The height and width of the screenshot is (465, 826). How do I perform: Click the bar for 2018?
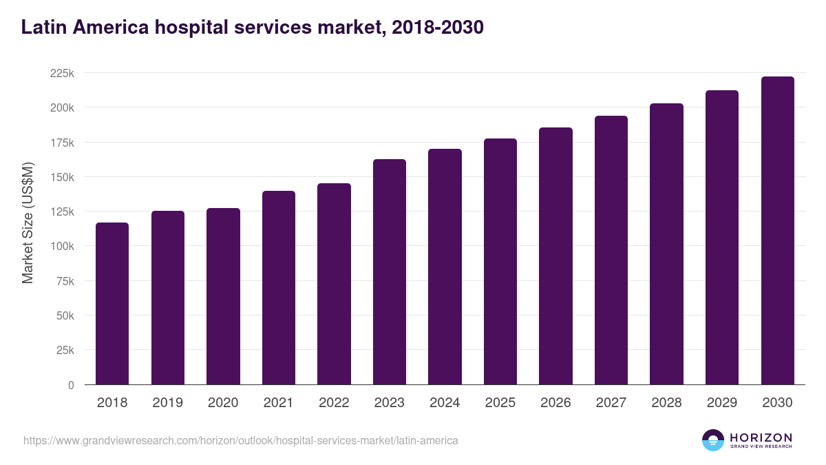click(x=112, y=303)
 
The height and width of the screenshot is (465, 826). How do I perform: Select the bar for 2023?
click(x=390, y=272)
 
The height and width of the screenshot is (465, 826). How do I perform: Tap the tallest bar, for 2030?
click(x=778, y=231)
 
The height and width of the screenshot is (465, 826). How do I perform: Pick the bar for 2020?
click(x=223, y=296)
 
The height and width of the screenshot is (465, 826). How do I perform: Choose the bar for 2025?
click(x=500, y=262)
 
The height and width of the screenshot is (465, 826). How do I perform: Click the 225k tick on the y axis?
click(x=62, y=73)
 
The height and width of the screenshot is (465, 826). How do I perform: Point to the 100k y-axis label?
click(x=62, y=246)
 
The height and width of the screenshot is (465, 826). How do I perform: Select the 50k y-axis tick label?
click(x=65, y=316)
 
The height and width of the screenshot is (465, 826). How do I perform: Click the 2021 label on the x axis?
click(x=278, y=403)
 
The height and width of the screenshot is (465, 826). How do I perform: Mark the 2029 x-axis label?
click(x=722, y=403)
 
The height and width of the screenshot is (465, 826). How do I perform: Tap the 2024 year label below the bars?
click(x=445, y=403)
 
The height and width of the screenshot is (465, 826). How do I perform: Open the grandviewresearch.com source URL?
click(x=240, y=440)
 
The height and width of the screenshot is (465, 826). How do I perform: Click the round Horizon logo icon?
click(x=713, y=440)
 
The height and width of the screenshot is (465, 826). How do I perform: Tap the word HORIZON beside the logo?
click(x=761, y=437)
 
